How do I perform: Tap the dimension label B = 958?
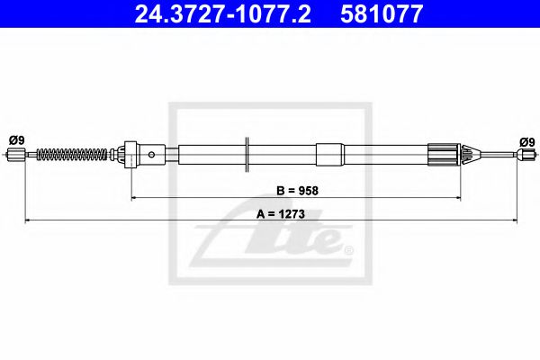point(298,190)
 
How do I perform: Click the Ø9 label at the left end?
point(16,139)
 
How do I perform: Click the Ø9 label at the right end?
point(526,140)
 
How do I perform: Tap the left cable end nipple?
point(15,157)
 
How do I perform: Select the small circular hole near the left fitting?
point(151,155)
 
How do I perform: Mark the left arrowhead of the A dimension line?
point(27,220)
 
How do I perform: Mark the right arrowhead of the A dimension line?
point(517,220)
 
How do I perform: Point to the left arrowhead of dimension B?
point(135,196)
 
